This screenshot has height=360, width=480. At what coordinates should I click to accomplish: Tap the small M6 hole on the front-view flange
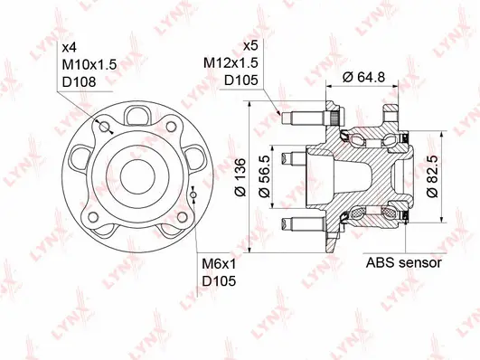point(194,195)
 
